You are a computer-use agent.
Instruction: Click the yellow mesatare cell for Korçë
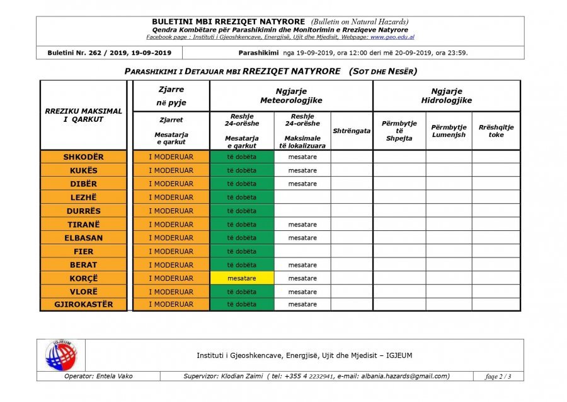[x=242, y=278]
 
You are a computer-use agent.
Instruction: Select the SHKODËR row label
[x=84, y=157]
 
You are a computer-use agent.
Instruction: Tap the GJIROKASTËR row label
[x=84, y=305]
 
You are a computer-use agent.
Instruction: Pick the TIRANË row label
[x=84, y=225]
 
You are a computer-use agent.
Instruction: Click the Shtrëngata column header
[x=352, y=131]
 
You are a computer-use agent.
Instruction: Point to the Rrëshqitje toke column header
[x=496, y=131]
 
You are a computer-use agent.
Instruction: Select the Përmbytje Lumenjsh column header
[x=449, y=131]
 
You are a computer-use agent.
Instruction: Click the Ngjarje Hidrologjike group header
[x=447, y=96]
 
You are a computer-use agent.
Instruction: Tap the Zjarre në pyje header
[x=171, y=97]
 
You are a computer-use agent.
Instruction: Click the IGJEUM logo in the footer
[x=60, y=355]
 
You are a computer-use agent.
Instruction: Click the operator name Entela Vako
[x=99, y=377]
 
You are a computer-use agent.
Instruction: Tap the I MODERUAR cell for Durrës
[x=171, y=211]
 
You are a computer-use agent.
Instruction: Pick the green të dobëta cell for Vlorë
[x=242, y=292]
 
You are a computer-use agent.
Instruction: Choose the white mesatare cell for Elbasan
[x=302, y=238]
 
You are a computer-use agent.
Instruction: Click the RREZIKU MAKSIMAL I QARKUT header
[x=84, y=115]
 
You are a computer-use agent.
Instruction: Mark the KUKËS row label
[x=84, y=170]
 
